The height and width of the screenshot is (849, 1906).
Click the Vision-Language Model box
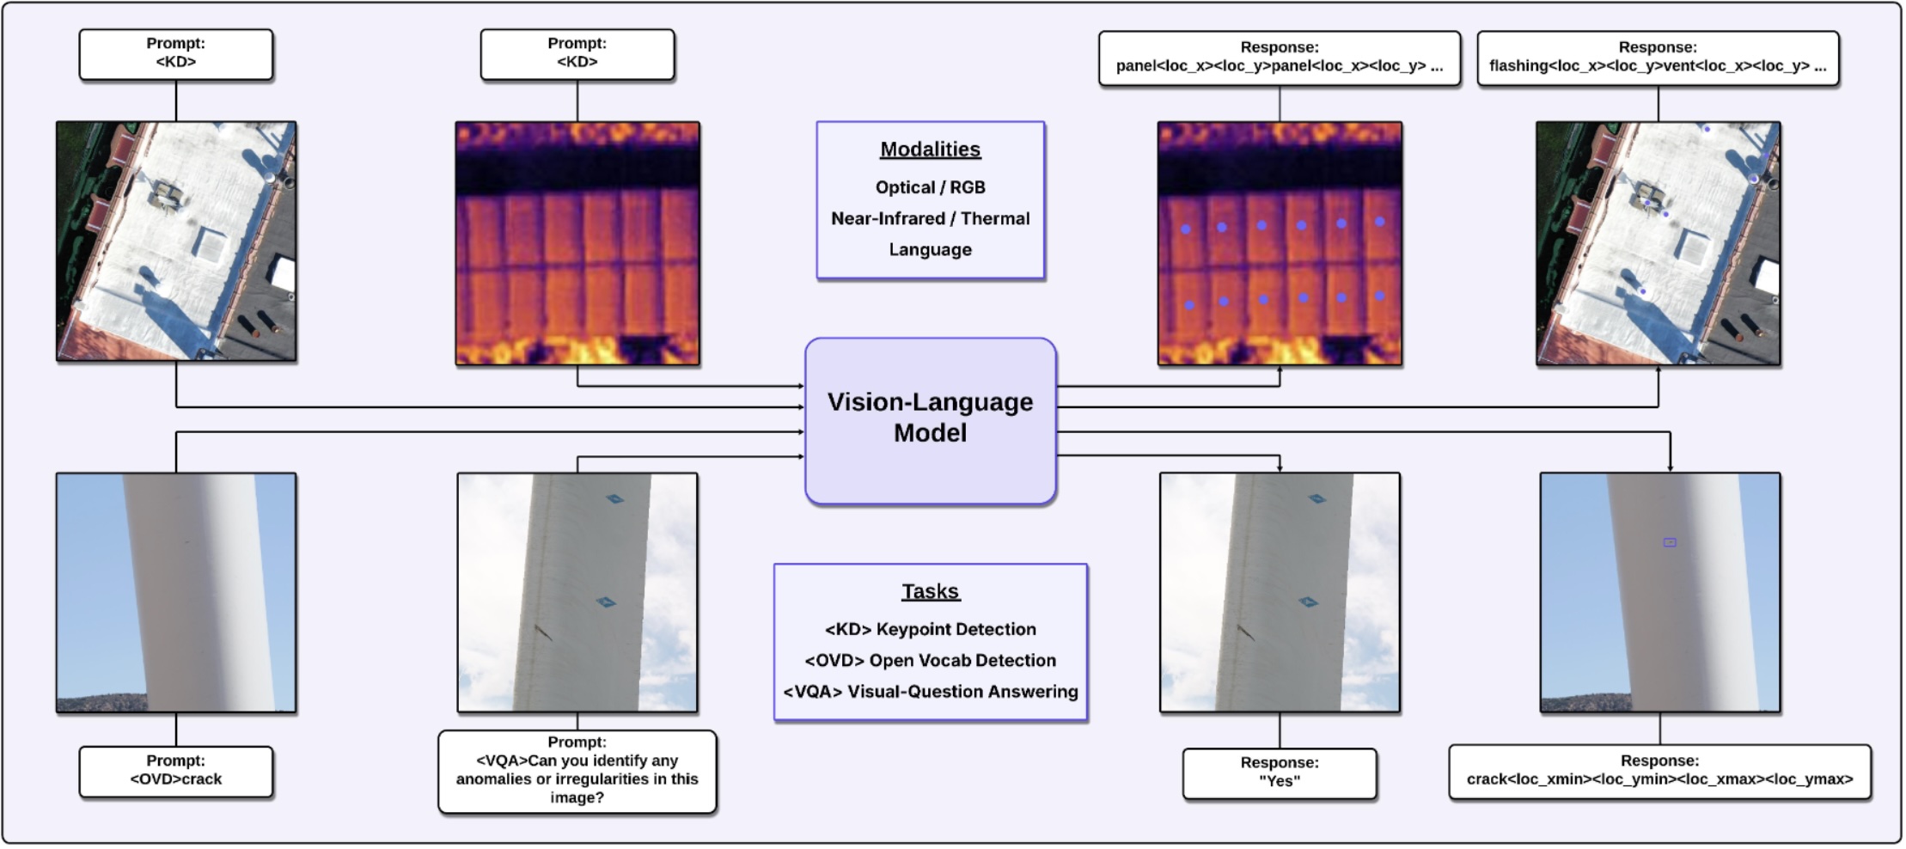pyautogui.click(x=930, y=418)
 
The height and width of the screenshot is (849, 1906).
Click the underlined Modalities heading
pyautogui.click(x=930, y=150)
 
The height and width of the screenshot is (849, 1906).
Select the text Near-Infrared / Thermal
pyautogui.click(x=930, y=218)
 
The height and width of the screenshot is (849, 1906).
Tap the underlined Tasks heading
pyautogui.click(x=930, y=591)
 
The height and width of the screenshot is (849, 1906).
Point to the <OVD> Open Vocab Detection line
pyautogui.click(x=930, y=660)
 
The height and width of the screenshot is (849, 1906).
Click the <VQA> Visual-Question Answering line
pyautogui.click(x=930, y=692)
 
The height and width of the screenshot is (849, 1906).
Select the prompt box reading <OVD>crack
pyautogui.click(x=175, y=771)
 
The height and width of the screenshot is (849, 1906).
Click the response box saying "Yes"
pyautogui.click(x=1279, y=773)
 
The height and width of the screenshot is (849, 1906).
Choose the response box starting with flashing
pyautogui.click(x=1657, y=58)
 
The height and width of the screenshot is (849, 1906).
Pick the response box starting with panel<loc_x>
pyautogui.click(x=1279, y=58)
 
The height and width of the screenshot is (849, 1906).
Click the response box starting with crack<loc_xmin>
pyautogui.click(x=1659, y=771)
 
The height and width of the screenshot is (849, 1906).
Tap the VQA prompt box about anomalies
pyautogui.click(x=577, y=771)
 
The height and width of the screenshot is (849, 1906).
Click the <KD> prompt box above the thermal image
pyautogui.click(x=577, y=53)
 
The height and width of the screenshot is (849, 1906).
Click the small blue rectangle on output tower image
pyautogui.click(x=1669, y=542)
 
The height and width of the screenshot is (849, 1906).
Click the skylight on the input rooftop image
pyautogui.click(x=210, y=243)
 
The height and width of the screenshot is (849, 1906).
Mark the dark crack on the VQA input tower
pyautogui.click(x=542, y=632)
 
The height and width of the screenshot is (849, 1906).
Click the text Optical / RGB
pyautogui.click(x=930, y=187)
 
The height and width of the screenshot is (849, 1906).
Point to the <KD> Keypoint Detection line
pyautogui.click(x=930, y=629)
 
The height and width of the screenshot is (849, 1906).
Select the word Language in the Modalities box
pyautogui.click(x=930, y=250)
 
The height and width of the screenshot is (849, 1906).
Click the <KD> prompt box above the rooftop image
pyautogui.click(x=175, y=53)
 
